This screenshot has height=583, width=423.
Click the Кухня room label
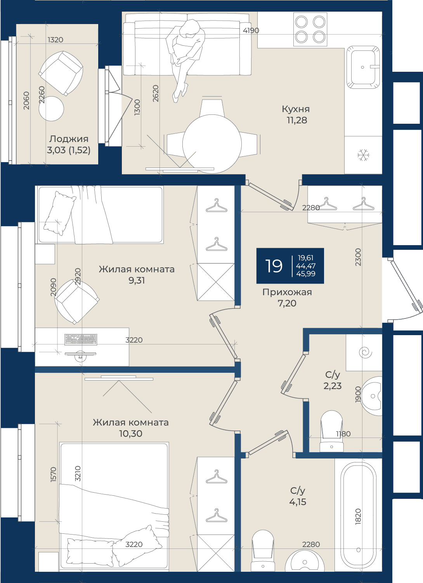pyautogui.click(x=296, y=109)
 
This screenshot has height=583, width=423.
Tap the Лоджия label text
pyautogui.click(x=69, y=139)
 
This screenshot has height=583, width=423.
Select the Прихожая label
pyautogui.click(x=287, y=292)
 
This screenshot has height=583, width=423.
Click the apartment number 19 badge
pyautogui.click(x=290, y=266)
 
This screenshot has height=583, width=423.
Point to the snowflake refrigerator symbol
pyautogui.click(x=363, y=155)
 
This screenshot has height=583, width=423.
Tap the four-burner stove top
pyautogui.click(x=310, y=29)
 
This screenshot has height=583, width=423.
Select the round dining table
pyautogui.click(x=212, y=144)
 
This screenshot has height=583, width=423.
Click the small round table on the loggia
pyautogui.click(x=51, y=109)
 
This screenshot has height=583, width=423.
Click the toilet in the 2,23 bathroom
pyautogui.click(x=331, y=431)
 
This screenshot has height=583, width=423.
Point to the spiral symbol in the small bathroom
pyautogui.click(x=366, y=353)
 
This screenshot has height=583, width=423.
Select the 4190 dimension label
pyautogui.click(x=251, y=31)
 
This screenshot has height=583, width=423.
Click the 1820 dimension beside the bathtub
pyautogui.click(x=358, y=517)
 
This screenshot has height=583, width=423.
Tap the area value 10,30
pyautogui.click(x=130, y=434)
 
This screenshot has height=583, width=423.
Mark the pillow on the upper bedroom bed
pyautogui.click(x=60, y=213)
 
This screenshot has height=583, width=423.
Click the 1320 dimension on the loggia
pyautogui.click(x=55, y=40)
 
